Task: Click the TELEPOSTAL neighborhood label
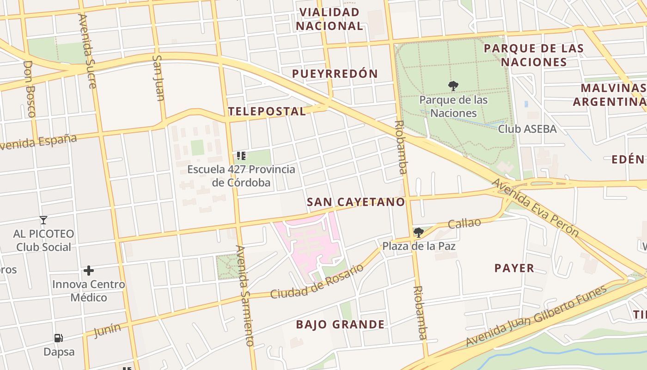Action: pyautogui.click(x=267, y=111)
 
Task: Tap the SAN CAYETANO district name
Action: pyautogui.click(x=355, y=202)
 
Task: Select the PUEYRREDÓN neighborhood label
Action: pyautogui.click(x=335, y=74)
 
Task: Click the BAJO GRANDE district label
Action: pyautogui.click(x=340, y=324)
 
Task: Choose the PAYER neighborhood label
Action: pyautogui.click(x=514, y=268)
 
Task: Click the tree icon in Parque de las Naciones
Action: pyautogui.click(x=453, y=86)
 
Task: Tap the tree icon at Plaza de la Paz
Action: pyautogui.click(x=418, y=232)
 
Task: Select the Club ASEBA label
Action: pyautogui.click(x=527, y=129)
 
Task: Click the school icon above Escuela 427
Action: pyautogui.click(x=241, y=155)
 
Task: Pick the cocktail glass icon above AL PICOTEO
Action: pyautogui.click(x=43, y=220)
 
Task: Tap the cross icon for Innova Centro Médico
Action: pyautogui.click(x=89, y=270)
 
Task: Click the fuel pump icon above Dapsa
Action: pyautogui.click(x=59, y=338)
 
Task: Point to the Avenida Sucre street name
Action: pyautogui.click(x=87, y=51)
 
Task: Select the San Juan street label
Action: pyautogui.click(x=159, y=78)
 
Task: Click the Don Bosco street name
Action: pyautogui.click(x=29, y=88)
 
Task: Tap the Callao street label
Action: pyautogui.click(x=464, y=223)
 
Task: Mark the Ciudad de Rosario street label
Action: pyautogui.click(x=317, y=281)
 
